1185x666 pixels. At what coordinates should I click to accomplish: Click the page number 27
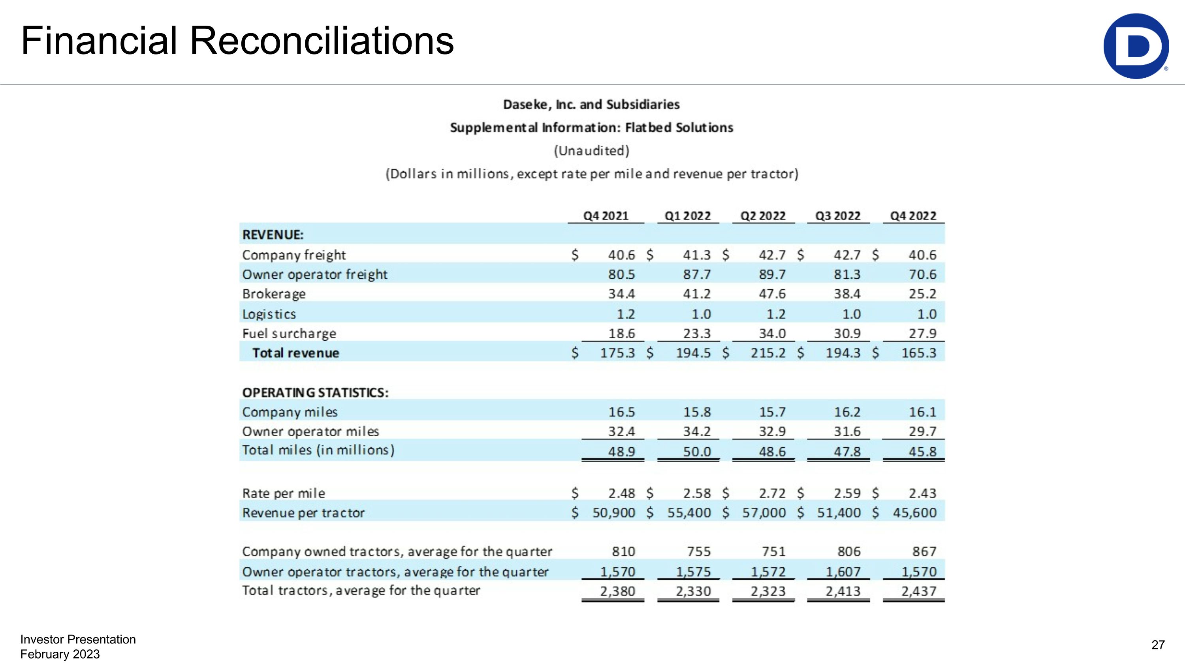point(1158,645)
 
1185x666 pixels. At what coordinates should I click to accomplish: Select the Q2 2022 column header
point(763,216)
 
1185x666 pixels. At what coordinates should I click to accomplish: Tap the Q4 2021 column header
point(606,216)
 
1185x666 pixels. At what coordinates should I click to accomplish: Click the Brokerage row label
point(274,294)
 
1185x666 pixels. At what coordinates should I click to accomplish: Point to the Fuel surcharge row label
point(289,333)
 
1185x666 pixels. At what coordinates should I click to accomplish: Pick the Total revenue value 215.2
point(768,353)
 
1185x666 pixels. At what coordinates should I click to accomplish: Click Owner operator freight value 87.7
point(696,274)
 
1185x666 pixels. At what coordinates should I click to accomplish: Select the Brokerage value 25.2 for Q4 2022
point(922,294)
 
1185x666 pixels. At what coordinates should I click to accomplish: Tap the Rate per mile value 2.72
point(772,493)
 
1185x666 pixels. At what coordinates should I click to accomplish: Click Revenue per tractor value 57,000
point(764,512)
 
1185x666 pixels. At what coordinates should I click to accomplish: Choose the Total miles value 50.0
point(696,451)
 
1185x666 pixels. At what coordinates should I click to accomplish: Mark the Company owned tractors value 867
point(924,551)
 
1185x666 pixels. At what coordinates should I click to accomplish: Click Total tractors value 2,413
point(843,591)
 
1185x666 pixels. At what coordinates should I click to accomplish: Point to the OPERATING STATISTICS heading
point(315,392)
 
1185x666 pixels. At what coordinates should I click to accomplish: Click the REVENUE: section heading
point(273,235)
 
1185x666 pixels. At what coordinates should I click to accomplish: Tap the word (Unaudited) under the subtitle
point(591,151)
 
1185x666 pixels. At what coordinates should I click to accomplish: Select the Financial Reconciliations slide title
point(237,41)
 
